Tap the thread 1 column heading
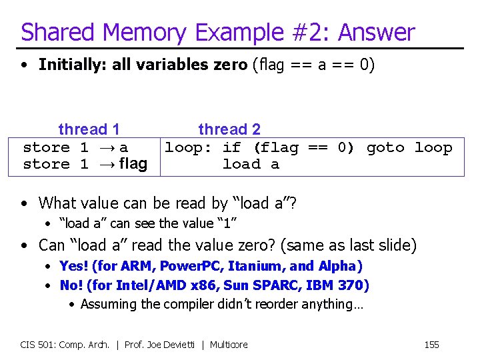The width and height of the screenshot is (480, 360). (x=89, y=129)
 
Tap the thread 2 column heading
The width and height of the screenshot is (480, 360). (x=229, y=129)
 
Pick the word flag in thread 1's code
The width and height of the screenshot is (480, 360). (x=133, y=164)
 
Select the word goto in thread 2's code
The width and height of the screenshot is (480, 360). (x=385, y=147)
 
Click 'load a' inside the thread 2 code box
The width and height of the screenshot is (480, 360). (x=251, y=164)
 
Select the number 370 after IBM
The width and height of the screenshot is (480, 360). (x=355, y=285)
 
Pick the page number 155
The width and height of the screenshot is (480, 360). (x=431, y=345)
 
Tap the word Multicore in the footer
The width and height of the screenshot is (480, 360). (x=229, y=345)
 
